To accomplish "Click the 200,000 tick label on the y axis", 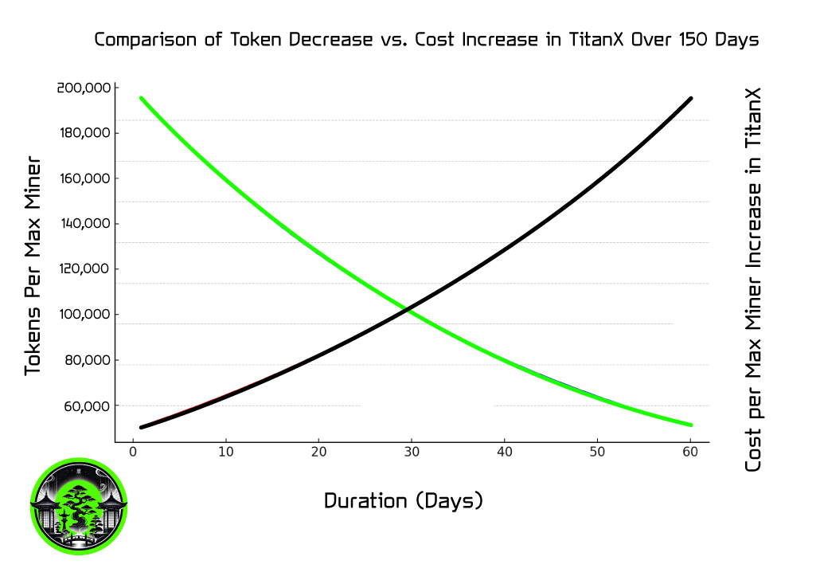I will pyautogui.click(x=84, y=88).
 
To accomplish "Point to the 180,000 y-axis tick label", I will pyautogui.click(x=84, y=133).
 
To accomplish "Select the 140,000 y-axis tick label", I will pyautogui.click(x=84, y=224).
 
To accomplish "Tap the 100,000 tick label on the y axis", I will pyautogui.click(x=84, y=315).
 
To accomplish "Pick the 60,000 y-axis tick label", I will pyautogui.click(x=87, y=406).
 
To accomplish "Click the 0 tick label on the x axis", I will pyautogui.click(x=133, y=452).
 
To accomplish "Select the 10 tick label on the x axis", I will pyautogui.click(x=226, y=452).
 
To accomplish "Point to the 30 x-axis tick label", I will pyautogui.click(x=411, y=452).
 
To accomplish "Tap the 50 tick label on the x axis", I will pyautogui.click(x=597, y=452).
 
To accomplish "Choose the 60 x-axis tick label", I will pyautogui.click(x=690, y=452).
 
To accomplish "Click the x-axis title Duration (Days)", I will pyautogui.click(x=404, y=501).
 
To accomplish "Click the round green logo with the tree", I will pyautogui.click(x=79, y=507).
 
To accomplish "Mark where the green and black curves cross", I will pyautogui.click(x=408, y=310).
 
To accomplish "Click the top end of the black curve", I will pyautogui.click(x=690, y=99).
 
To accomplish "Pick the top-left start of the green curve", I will pyautogui.click(x=141, y=98).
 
